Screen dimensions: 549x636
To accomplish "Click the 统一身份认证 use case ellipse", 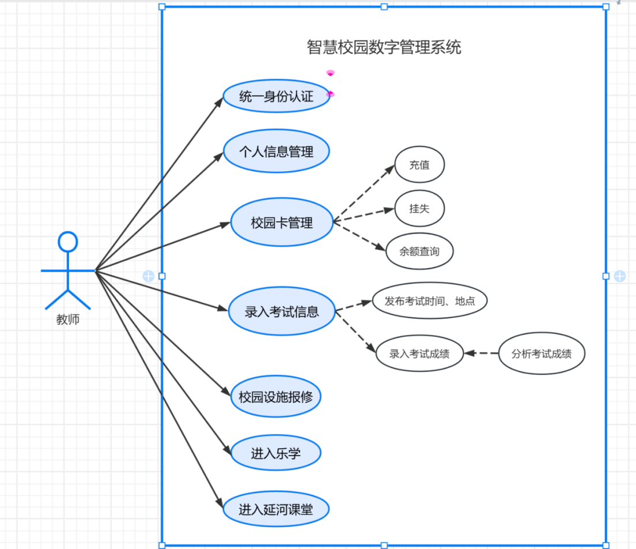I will [277, 96].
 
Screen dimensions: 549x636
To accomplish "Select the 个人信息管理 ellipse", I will [277, 151].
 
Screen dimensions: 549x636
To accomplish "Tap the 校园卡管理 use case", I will [282, 223].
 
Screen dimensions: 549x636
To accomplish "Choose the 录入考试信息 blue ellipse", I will [282, 312].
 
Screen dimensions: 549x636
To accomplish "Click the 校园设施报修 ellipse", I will [275, 396].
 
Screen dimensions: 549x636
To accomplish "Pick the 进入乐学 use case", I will [275, 453].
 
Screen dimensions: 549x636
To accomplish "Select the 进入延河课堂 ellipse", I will [275, 509].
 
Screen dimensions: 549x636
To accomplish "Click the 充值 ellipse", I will [419, 164].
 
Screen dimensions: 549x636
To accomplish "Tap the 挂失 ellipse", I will [419, 208].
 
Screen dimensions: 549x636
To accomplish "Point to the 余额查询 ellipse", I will [419, 251].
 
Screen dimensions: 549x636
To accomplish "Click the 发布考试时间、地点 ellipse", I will [429, 300].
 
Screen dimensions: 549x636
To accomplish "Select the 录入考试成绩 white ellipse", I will [419, 354].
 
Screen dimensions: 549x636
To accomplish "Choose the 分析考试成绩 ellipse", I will [542, 354].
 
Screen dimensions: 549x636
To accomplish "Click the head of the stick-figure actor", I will [68, 242].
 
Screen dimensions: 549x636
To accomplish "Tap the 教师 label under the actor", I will [68, 320].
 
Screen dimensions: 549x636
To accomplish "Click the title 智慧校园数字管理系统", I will [384, 47].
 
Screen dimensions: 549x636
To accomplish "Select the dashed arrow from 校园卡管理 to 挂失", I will [363, 215].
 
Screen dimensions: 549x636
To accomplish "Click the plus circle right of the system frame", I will [620, 276].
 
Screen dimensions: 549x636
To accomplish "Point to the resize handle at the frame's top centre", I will [384, 7].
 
